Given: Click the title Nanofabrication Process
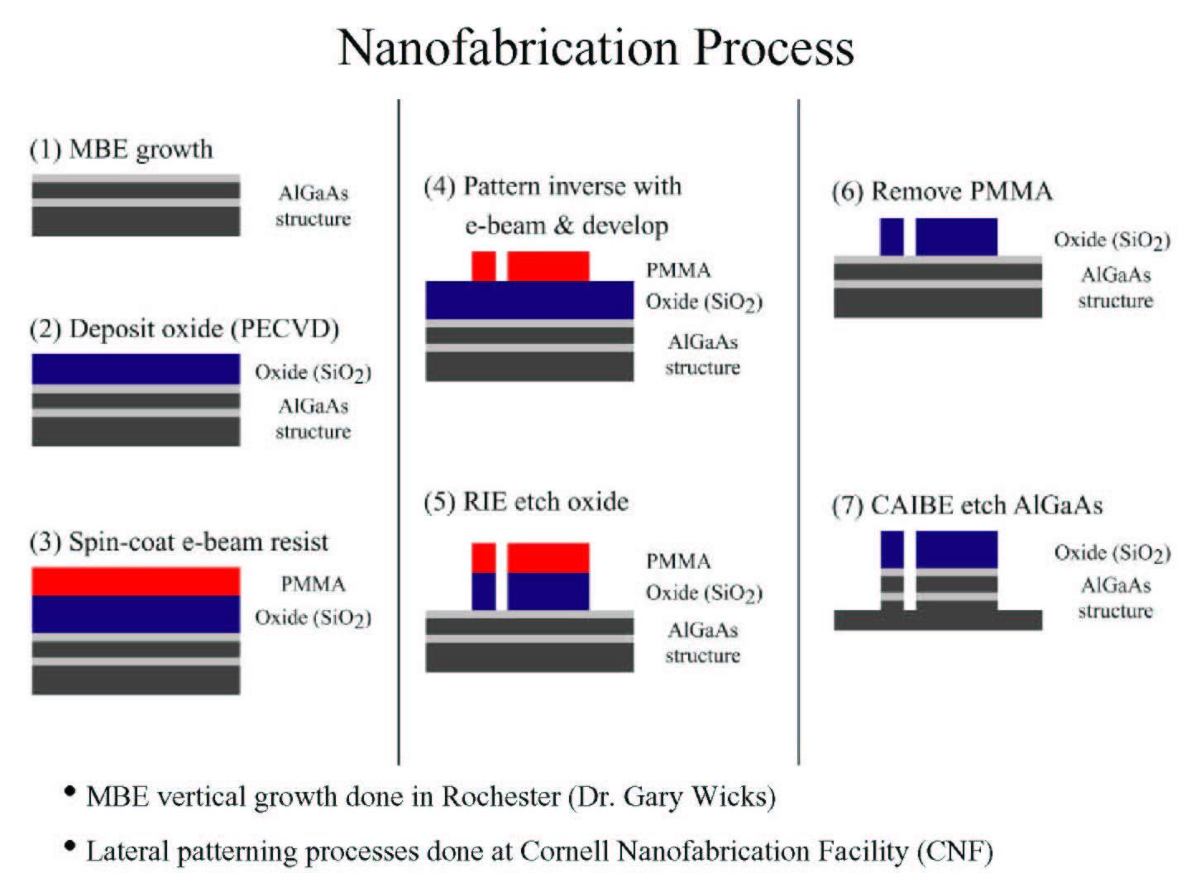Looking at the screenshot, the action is click(595, 48).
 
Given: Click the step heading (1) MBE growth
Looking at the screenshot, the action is click(121, 149).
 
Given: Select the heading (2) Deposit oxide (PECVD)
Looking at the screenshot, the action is click(184, 329).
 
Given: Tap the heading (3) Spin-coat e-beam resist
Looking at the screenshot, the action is click(179, 541).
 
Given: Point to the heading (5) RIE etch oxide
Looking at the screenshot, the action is click(526, 502).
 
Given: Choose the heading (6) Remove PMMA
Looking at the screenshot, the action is click(942, 192).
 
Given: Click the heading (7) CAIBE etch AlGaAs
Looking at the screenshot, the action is click(967, 505).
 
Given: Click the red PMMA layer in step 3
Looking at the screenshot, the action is click(136, 581).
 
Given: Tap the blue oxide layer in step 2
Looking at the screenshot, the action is click(136, 370).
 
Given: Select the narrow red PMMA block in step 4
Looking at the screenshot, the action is click(484, 266).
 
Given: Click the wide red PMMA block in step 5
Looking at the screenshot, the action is click(548, 558).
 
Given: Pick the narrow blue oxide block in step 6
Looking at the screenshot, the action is click(892, 237).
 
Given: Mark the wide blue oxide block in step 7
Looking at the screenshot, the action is click(957, 550).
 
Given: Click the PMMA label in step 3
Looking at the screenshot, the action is click(313, 584).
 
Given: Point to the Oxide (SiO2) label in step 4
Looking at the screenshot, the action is click(704, 302).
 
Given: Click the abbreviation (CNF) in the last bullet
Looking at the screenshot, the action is click(955, 851).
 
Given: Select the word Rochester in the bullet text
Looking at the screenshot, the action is click(501, 797).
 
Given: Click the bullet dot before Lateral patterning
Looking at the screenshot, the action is click(69, 846).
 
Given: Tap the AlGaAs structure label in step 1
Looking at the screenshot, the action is click(313, 206).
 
